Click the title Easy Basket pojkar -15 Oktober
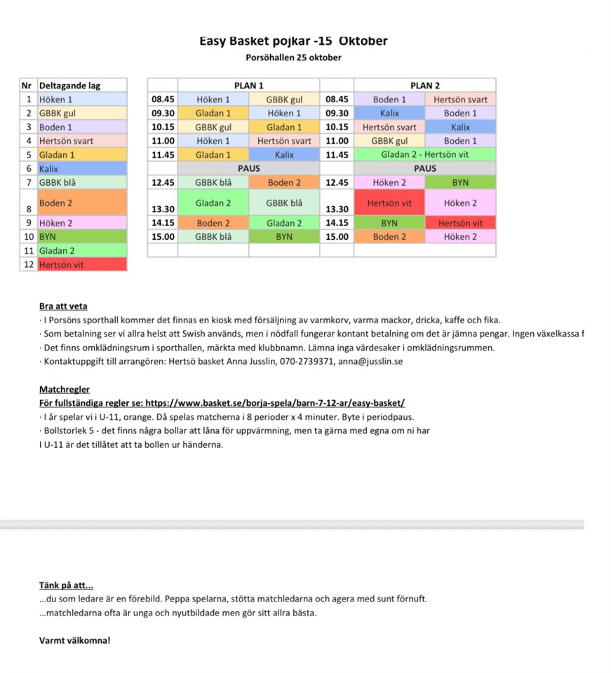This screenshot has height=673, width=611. [x=293, y=41]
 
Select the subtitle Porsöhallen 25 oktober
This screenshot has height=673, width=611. [x=293, y=57]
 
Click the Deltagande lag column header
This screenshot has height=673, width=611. [x=70, y=86]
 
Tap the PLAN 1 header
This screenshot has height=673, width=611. [x=248, y=86]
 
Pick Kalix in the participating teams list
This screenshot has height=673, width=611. [x=49, y=169]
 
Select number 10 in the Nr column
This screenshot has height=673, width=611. [x=28, y=237]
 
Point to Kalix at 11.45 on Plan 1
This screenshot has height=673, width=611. [x=284, y=155]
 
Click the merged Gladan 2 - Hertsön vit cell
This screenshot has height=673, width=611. [x=424, y=155]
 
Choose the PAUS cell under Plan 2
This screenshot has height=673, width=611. [x=424, y=169]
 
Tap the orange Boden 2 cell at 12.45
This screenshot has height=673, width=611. [x=284, y=182]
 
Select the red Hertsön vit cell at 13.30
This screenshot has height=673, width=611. [x=389, y=203]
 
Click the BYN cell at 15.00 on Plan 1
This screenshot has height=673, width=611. [x=284, y=237]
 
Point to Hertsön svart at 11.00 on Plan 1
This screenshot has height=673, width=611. [x=284, y=141]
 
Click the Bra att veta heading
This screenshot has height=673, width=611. [x=64, y=306]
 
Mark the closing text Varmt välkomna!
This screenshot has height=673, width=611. [x=75, y=640]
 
